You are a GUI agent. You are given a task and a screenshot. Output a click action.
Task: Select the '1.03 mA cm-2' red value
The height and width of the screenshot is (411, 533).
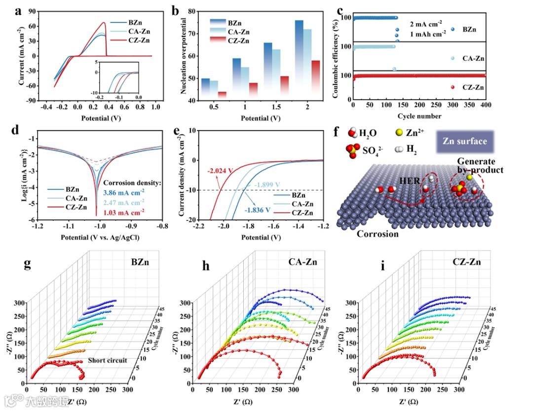pyautogui.click(x=123, y=212)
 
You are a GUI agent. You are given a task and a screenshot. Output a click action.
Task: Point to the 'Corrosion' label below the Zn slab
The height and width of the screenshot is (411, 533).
pyautogui.click(x=378, y=234)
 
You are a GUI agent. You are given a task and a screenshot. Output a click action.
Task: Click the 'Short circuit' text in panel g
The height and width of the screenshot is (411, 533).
pyautogui.click(x=107, y=360)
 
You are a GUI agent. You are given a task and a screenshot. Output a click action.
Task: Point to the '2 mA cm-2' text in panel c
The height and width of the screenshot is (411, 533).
pyautogui.click(x=426, y=23)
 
